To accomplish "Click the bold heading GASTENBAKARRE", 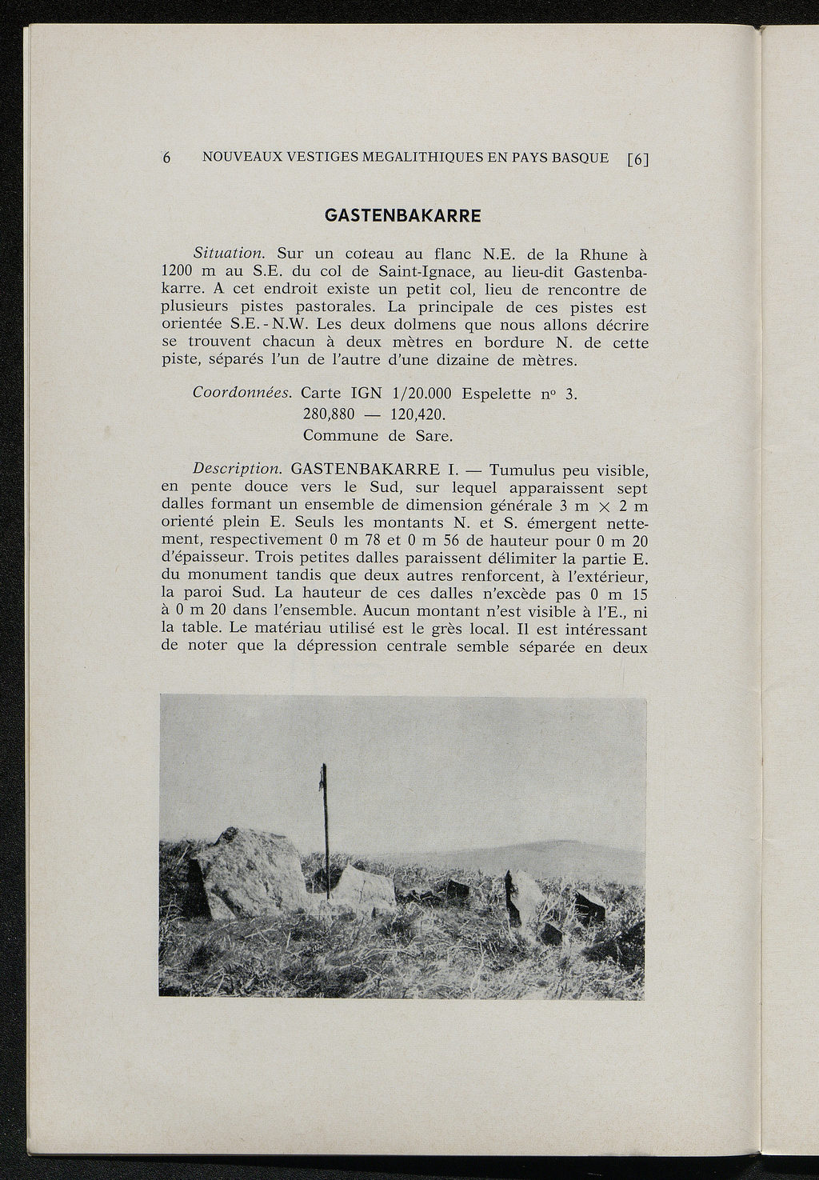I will pos(402,216).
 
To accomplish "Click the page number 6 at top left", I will pos(167,158).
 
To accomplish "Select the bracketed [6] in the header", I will pos(637,158).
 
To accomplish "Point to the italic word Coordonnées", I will pos(241,394).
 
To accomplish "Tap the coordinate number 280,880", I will pos(329,415).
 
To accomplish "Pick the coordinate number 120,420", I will pos(416,415).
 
